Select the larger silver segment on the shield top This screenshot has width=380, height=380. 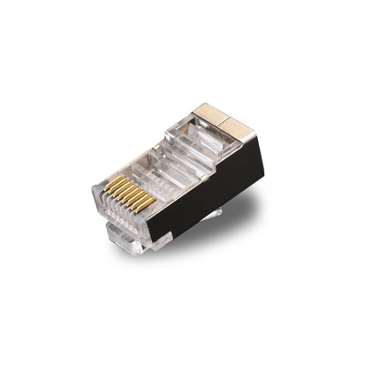(213, 112)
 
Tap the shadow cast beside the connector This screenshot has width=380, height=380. (256, 212)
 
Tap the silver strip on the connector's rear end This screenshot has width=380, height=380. (250, 125)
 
